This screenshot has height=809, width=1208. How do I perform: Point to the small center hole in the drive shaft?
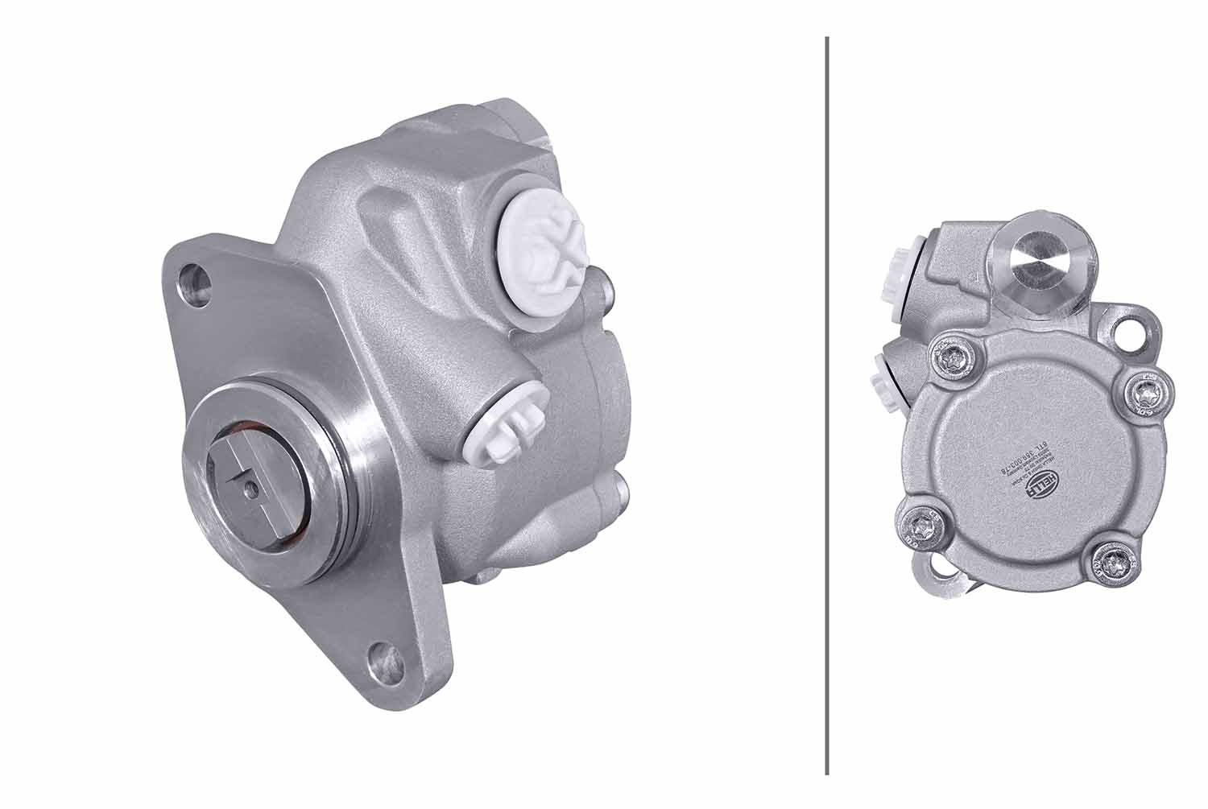click(252, 486)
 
